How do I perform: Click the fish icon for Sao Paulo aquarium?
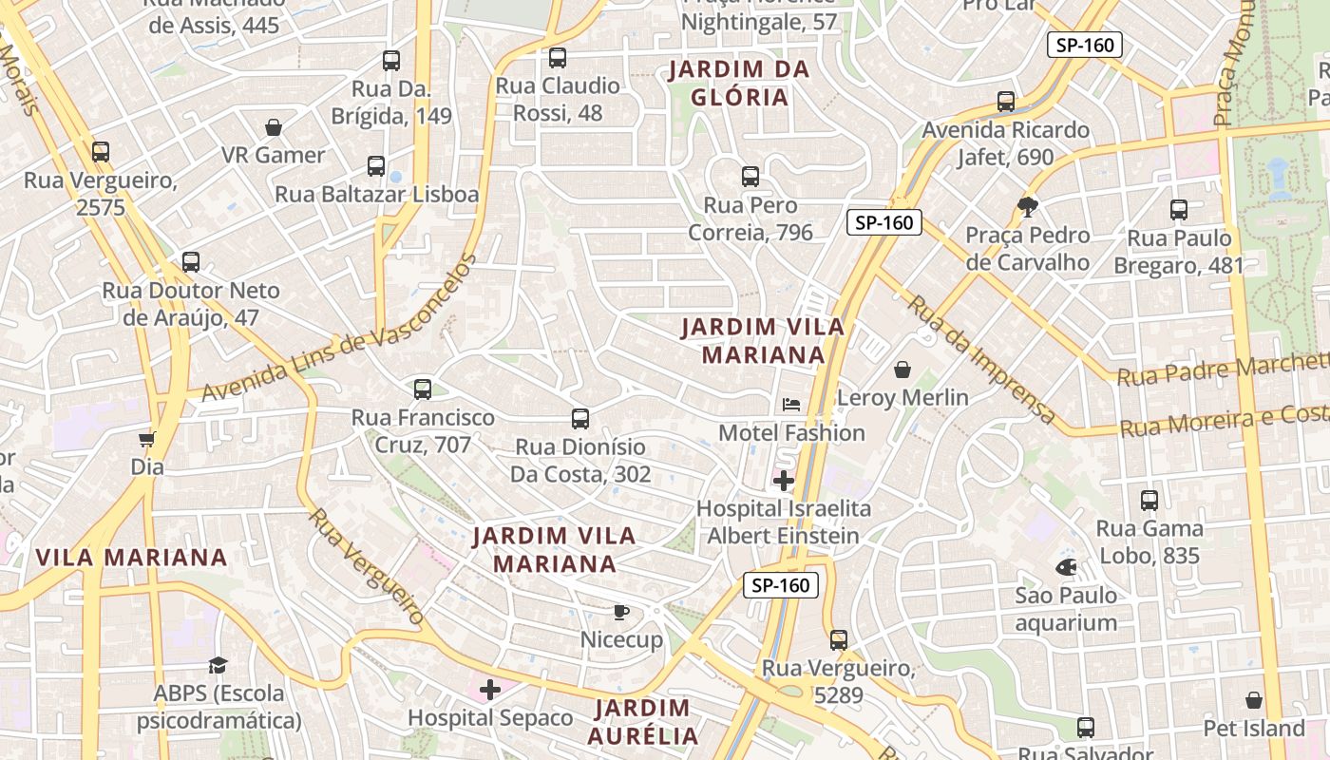1066,567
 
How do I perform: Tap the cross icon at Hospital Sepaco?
490,689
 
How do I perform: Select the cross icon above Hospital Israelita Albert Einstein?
784,480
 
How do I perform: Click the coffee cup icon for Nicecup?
621,611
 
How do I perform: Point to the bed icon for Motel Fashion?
791,404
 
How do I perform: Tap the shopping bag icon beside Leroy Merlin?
902,369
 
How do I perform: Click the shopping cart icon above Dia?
147,438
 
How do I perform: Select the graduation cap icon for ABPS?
218,664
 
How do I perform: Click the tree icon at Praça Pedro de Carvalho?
1027,205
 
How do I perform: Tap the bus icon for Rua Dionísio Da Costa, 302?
580,418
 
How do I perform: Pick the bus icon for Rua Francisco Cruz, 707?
423,389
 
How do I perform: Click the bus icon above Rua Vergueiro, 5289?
839,639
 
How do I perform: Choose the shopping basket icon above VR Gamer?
274,126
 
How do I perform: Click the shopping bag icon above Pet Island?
1254,700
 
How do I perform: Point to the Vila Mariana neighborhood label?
131,558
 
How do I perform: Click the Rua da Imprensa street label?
981,359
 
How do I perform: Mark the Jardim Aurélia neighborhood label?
643,721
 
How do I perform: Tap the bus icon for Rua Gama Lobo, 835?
1149,500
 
